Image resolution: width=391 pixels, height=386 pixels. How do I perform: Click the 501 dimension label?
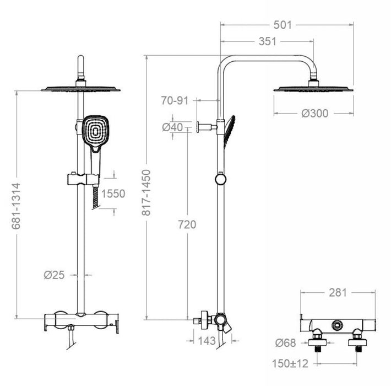click(287, 25)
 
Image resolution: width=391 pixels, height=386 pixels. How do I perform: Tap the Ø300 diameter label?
click(314, 114)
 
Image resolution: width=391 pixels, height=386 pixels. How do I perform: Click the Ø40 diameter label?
click(172, 127)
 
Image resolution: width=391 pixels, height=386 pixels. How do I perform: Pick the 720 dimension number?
click(187, 224)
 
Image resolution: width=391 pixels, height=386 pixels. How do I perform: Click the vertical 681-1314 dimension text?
click(17, 206)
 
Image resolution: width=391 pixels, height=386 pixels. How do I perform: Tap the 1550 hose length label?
click(114, 194)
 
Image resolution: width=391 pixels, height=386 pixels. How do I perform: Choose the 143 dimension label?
click(206, 341)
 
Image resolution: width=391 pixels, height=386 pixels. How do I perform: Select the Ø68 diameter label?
click(285, 343)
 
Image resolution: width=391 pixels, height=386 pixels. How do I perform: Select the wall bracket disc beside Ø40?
click(198, 127)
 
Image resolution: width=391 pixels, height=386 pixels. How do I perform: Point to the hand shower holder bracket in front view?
click(83, 178)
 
